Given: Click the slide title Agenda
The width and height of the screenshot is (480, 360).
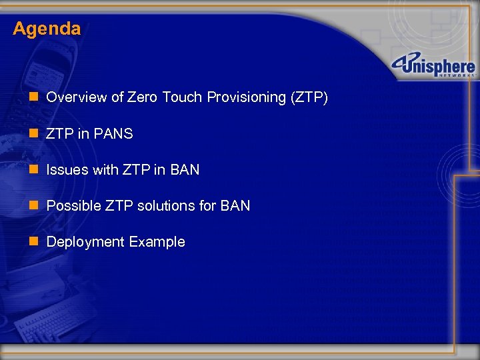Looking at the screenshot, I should pos(47,29).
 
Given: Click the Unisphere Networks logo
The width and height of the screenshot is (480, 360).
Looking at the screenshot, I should pos(433,67).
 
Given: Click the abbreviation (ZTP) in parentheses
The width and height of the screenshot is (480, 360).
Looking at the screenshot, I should pos(309,97).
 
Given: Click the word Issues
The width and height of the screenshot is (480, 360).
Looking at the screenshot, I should pos(67,169).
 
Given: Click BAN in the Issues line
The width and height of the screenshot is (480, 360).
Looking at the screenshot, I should pos(185,169).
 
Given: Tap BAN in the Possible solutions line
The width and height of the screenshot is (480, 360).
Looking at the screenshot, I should pos(235,205).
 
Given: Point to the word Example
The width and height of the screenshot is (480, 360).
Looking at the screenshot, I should pos(157,241).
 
